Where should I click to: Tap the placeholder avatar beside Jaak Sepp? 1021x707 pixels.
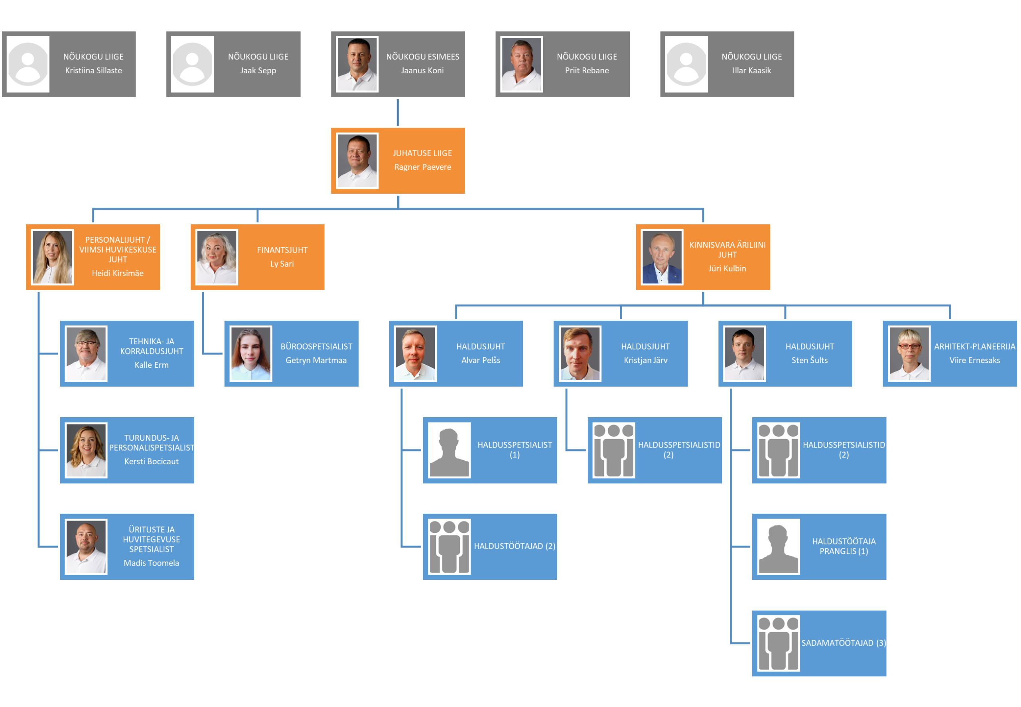click(192, 64)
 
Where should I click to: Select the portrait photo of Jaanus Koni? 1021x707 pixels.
click(357, 64)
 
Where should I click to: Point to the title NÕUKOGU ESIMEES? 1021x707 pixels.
click(422, 57)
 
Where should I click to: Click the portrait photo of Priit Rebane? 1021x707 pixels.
click(521, 64)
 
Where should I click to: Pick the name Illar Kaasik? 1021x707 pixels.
click(751, 71)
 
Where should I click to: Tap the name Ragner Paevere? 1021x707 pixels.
click(422, 167)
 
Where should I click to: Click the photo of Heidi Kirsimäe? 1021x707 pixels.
click(52, 257)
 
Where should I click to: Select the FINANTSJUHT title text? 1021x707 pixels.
click(282, 250)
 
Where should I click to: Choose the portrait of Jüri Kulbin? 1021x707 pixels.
click(661, 257)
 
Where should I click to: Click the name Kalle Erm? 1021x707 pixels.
click(151, 365)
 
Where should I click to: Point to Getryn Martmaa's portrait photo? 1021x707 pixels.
click(250, 353)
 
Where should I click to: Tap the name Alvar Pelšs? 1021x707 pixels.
click(481, 360)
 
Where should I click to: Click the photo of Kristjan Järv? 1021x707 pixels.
click(580, 353)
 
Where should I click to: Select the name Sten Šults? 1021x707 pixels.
click(810, 360)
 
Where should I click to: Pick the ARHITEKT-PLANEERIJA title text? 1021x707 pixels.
click(974, 346)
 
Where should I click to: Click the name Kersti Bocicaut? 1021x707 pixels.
click(151, 461)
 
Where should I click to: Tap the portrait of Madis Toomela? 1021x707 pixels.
click(86, 547)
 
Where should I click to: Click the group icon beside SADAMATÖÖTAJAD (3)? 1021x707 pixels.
click(778, 643)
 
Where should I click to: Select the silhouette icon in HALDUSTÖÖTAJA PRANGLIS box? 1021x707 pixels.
click(778, 547)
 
